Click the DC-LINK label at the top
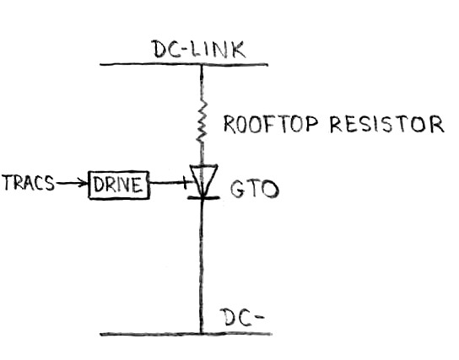199,49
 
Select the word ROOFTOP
267,126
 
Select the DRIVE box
119,183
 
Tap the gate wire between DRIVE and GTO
169,182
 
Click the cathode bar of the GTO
202,198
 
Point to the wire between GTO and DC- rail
202,261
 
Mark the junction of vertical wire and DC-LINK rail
202,64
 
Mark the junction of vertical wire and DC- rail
202,333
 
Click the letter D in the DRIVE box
97,184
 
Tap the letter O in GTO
271,187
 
